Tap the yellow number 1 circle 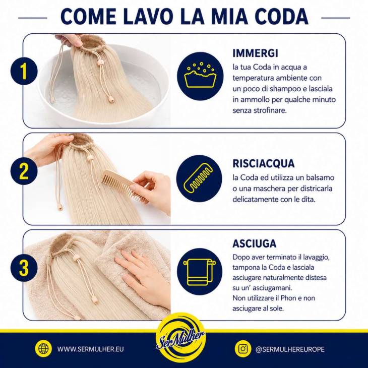click(x=24, y=71)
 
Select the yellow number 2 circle click(x=24, y=171)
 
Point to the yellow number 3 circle click(x=24, y=268)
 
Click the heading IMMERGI click(x=256, y=53)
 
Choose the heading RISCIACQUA click(x=264, y=163)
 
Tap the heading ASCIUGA click(x=255, y=243)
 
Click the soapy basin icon click(x=200, y=75)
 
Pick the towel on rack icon click(x=200, y=271)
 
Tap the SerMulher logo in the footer click(x=181, y=338)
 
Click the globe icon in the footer click(x=43, y=348)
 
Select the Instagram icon click(x=243, y=348)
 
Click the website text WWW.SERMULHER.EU click(x=90, y=349)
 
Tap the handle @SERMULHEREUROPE click(x=290, y=349)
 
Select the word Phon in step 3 click(x=289, y=298)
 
